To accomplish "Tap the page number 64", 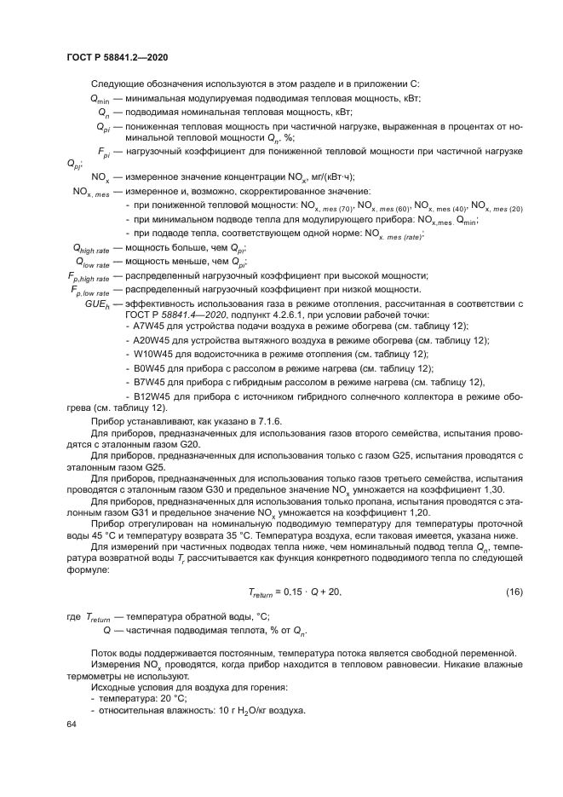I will pyautogui.click(x=71, y=723).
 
